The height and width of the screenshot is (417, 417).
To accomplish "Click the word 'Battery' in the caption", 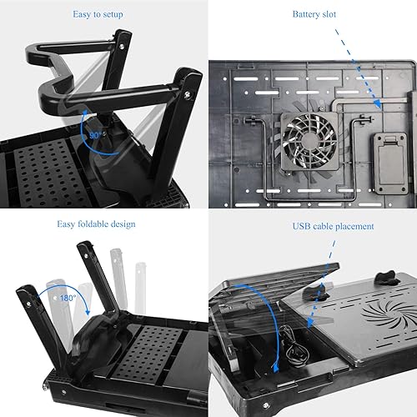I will coord(309,14).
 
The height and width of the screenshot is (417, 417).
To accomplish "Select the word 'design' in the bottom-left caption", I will coord(122,224).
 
